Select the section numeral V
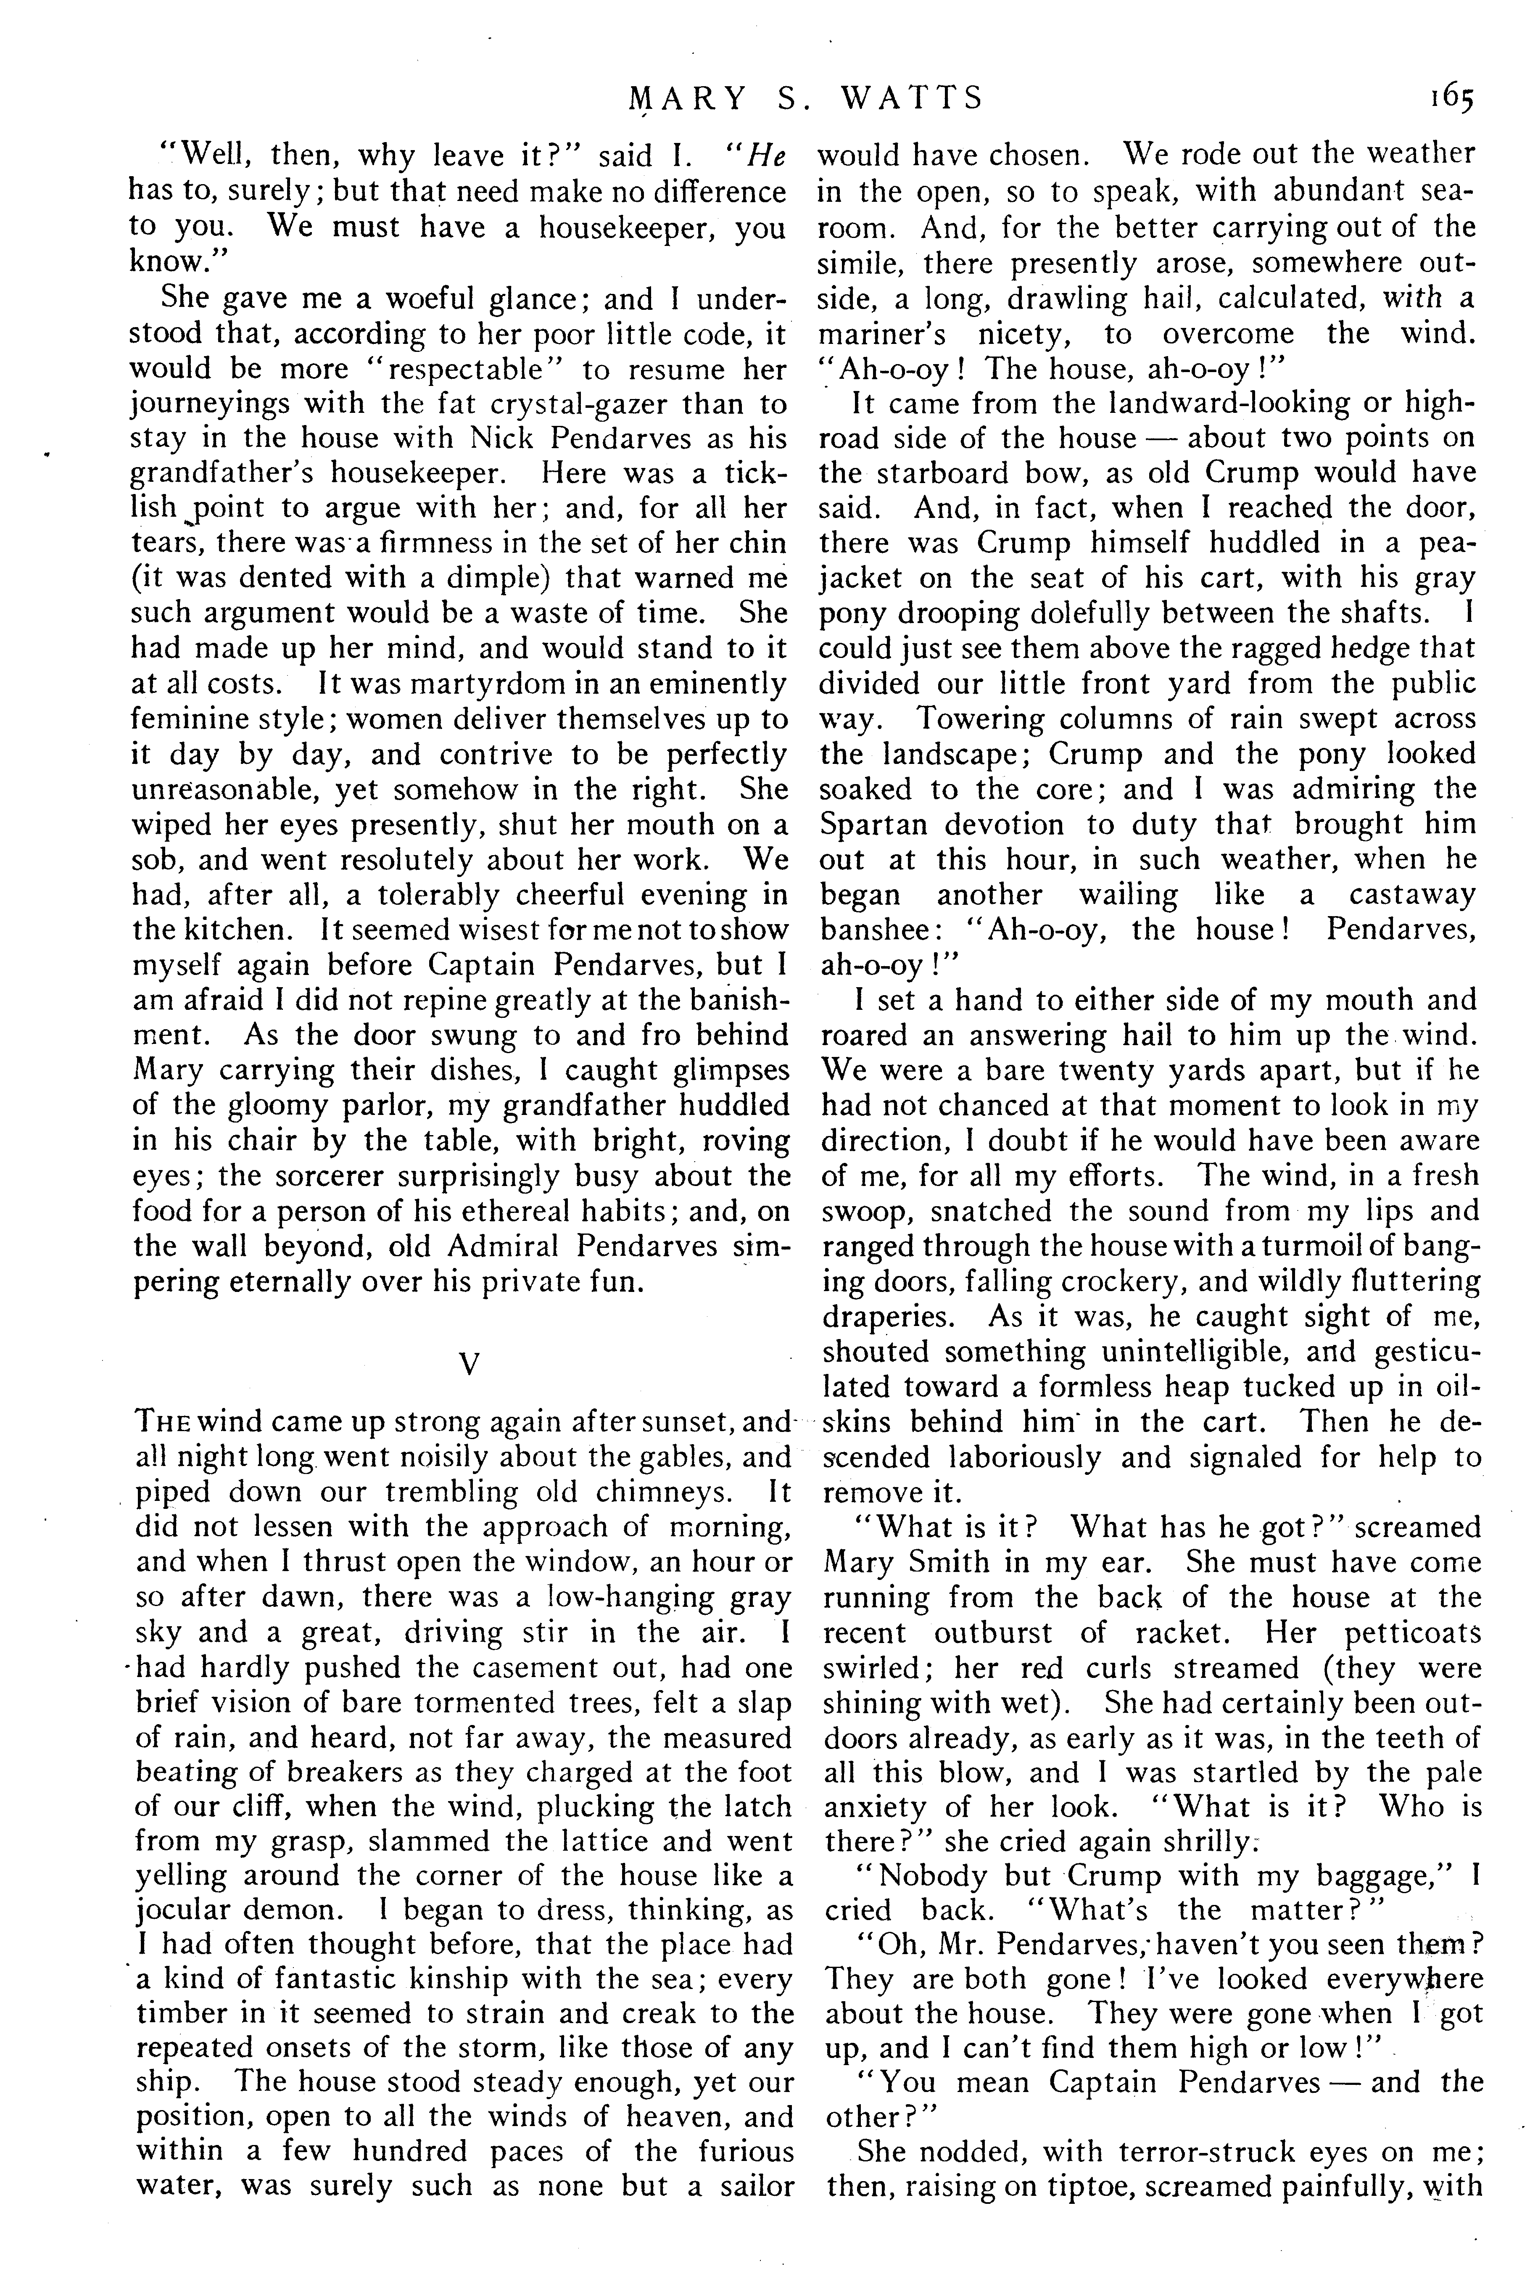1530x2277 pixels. click(470, 1363)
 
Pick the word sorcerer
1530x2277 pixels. click(283, 1175)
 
